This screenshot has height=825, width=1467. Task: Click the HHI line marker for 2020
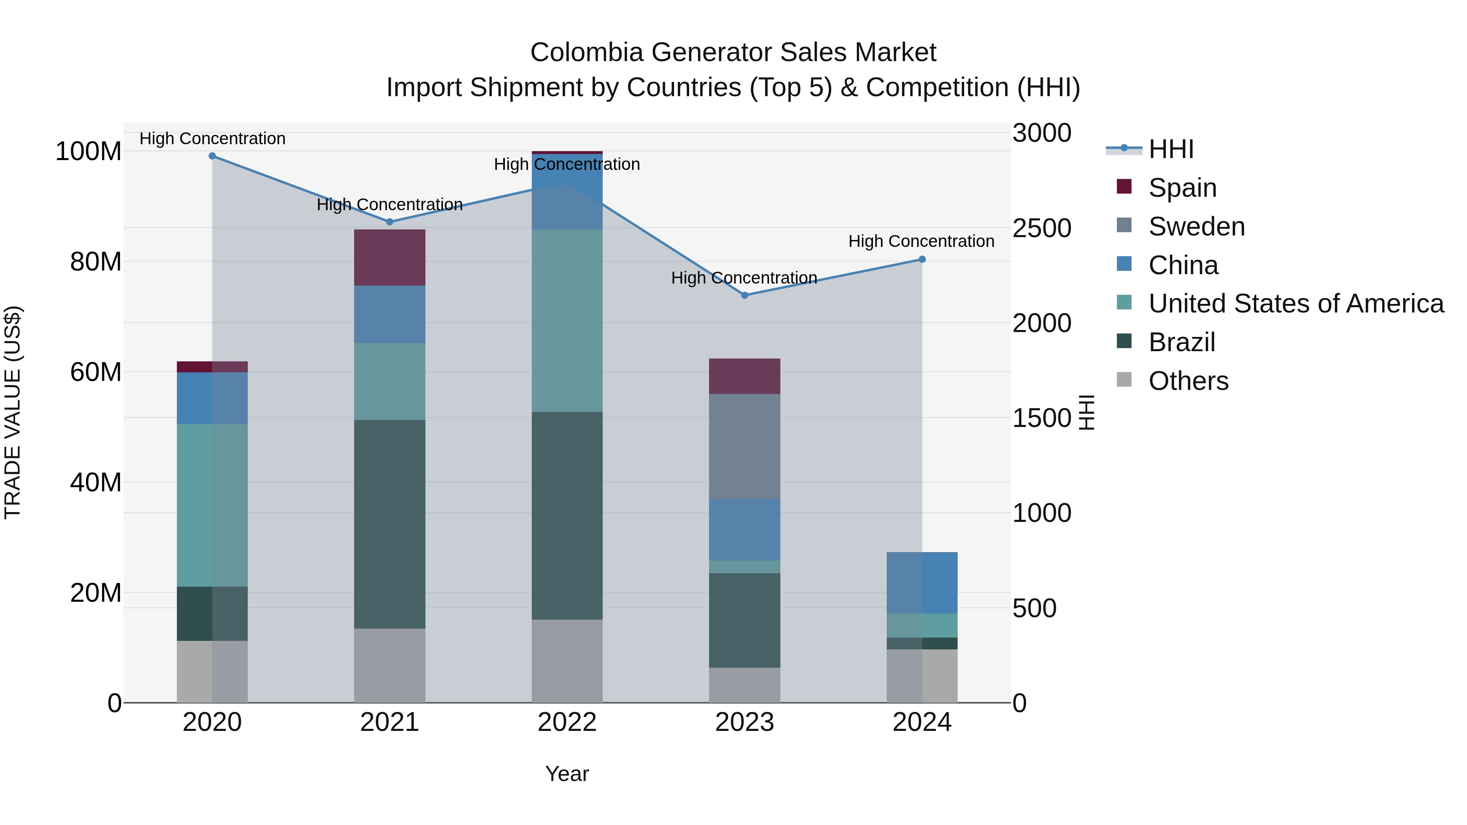(212, 156)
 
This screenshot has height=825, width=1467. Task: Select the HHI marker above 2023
(745, 295)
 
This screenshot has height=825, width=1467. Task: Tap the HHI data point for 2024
(922, 260)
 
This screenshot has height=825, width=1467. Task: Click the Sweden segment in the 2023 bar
(745, 447)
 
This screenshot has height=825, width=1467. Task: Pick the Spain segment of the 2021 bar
(390, 257)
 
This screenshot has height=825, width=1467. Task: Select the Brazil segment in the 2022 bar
(567, 516)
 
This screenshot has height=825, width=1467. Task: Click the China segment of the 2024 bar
(922, 583)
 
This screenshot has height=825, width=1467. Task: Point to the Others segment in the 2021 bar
(390, 666)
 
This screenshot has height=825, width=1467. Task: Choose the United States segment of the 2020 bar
(212, 506)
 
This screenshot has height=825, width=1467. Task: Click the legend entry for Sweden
(1196, 227)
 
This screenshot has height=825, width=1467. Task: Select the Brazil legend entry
(1182, 343)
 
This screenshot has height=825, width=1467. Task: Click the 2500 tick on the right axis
(1042, 228)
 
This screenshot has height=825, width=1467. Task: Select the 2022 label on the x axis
(567, 722)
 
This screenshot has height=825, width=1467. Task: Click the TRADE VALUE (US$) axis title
(13, 412)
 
